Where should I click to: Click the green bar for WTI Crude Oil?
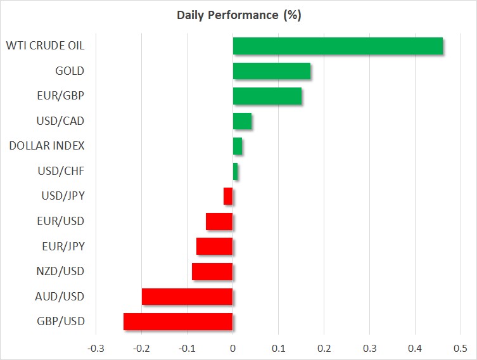338,46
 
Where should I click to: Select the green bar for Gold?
272,71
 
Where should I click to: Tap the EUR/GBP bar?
267,96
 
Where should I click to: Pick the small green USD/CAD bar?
242,121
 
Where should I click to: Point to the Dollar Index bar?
238,146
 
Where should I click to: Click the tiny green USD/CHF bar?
235,171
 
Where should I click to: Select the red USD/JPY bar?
228,196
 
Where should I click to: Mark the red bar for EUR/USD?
219,221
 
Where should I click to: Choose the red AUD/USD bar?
187,297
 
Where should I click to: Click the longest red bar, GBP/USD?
178,322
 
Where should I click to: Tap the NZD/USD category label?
60,271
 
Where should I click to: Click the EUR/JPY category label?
63,246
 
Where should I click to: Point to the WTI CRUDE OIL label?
46,46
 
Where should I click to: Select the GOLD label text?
70,71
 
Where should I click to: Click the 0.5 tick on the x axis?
461,349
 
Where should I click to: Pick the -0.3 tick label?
96,349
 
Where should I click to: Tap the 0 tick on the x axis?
232,349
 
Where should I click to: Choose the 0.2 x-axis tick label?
324,349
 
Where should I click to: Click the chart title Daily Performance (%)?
239,15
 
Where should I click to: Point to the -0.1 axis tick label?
187,349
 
